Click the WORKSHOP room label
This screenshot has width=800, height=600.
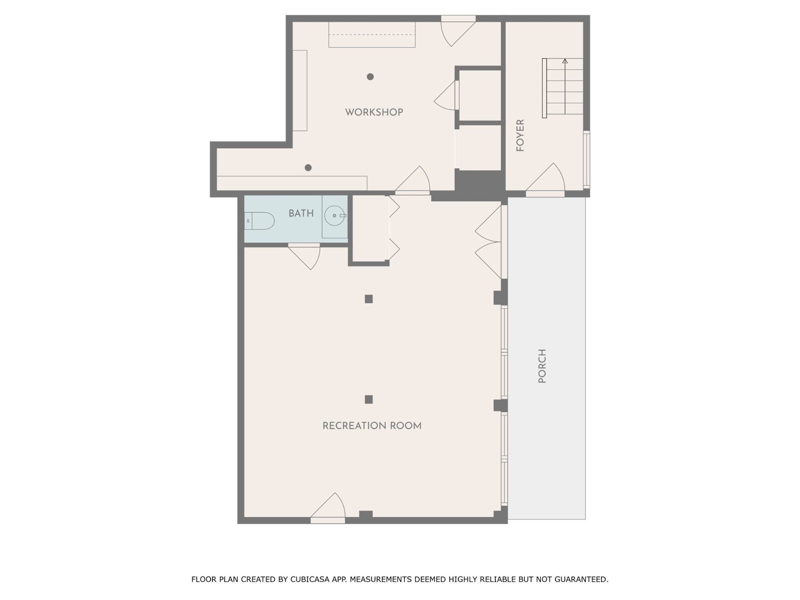pyautogui.click(x=374, y=112)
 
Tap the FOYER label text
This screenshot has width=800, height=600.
pyautogui.click(x=520, y=135)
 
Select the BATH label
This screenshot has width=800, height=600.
pyautogui.click(x=301, y=213)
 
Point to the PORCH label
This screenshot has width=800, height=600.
pyautogui.click(x=542, y=366)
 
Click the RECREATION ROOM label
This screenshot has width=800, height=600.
pyautogui.click(x=372, y=426)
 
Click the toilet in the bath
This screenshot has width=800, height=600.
pyautogui.click(x=259, y=221)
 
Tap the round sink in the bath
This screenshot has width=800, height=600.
pyautogui.click(x=335, y=216)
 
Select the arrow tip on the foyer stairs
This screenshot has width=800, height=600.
pyautogui.click(x=565, y=61)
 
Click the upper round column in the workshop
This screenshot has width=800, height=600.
pyautogui.click(x=370, y=77)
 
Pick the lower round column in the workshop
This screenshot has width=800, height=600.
pyautogui.click(x=308, y=168)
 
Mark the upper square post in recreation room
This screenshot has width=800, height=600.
pyautogui.click(x=369, y=299)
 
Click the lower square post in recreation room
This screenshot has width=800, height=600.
pyautogui.click(x=369, y=399)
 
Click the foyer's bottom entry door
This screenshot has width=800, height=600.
pyautogui.click(x=545, y=180)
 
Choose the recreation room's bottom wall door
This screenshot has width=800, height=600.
pyautogui.click(x=328, y=508)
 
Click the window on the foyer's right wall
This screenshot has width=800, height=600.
pyautogui.click(x=587, y=159)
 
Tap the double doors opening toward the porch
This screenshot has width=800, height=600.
pyautogui.click(x=488, y=242)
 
